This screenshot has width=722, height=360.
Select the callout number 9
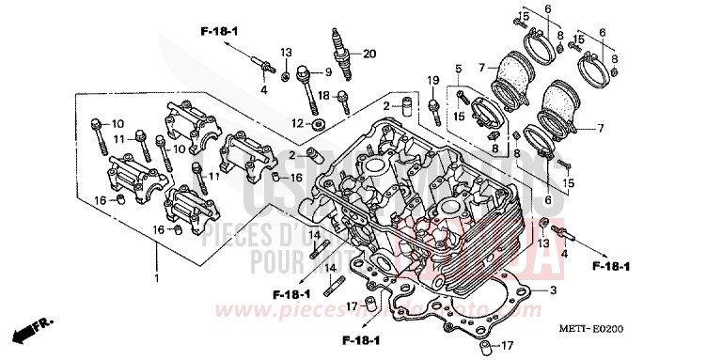tap(328, 72)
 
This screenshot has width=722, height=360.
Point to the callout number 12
tap(299, 124)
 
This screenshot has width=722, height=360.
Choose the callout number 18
tap(322, 95)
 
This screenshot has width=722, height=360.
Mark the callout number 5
tap(459, 68)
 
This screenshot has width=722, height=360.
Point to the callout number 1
tap(157, 279)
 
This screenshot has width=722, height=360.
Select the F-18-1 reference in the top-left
tap(219, 32)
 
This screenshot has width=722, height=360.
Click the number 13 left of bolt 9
tap(287, 51)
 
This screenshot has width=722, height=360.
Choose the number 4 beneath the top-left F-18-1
tap(264, 90)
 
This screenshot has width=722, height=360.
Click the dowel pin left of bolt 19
tap(407, 103)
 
